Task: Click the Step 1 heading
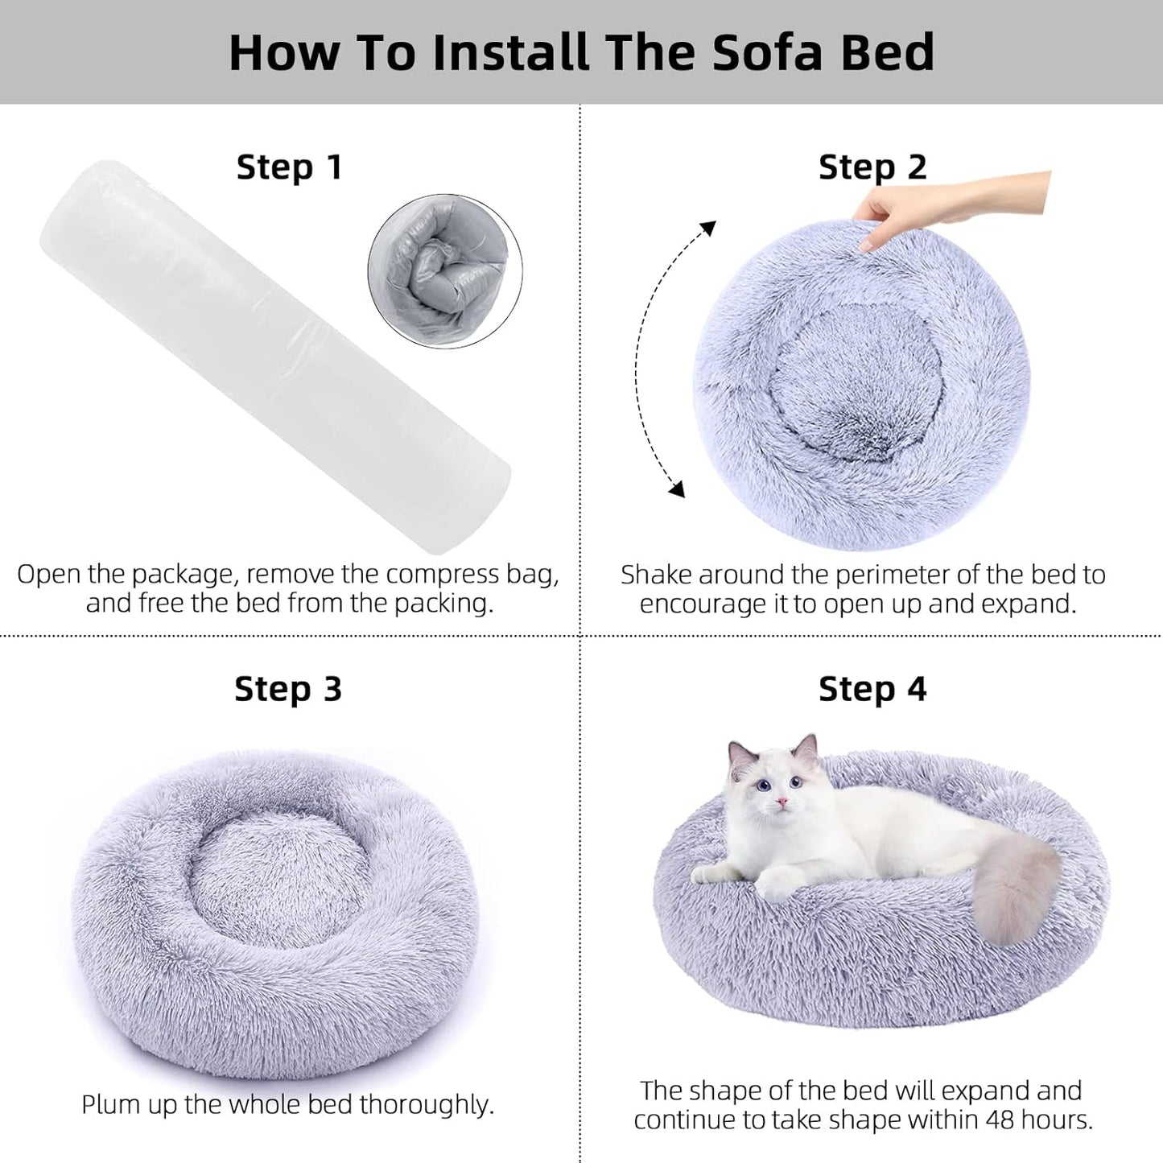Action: (290, 167)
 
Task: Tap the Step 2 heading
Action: (872, 167)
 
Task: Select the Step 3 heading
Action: (288, 689)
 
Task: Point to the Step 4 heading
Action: (872, 689)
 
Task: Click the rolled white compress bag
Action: (274, 354)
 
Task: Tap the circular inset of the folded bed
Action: (445, 271)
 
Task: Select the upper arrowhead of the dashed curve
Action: (707, 229)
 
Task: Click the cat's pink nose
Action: (779, 802)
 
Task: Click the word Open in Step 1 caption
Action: (48, 575)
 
